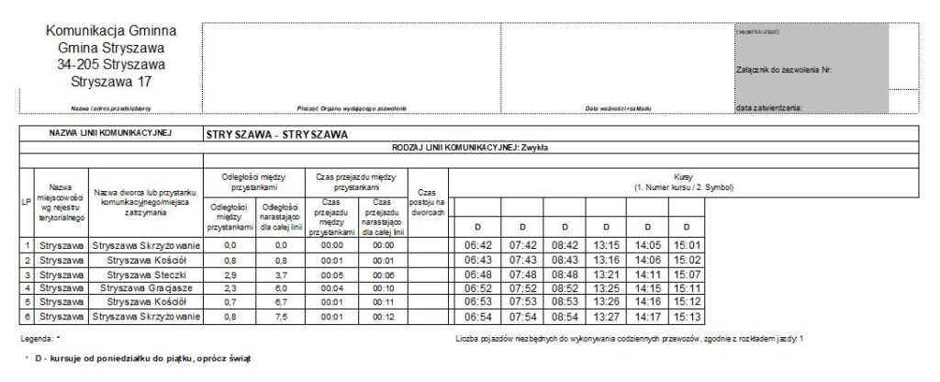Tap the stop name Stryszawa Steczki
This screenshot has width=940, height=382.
coord(146,274)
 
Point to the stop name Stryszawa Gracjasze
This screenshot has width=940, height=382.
coord(146,288)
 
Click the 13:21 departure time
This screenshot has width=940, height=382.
coord(605,274)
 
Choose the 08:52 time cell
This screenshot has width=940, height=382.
coord(562,288)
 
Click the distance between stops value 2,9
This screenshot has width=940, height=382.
coord(230,274)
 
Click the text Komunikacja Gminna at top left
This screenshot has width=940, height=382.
coord(111,30)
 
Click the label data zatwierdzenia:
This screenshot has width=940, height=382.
coord(769,108)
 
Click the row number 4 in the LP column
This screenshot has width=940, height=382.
coord(28,288)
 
